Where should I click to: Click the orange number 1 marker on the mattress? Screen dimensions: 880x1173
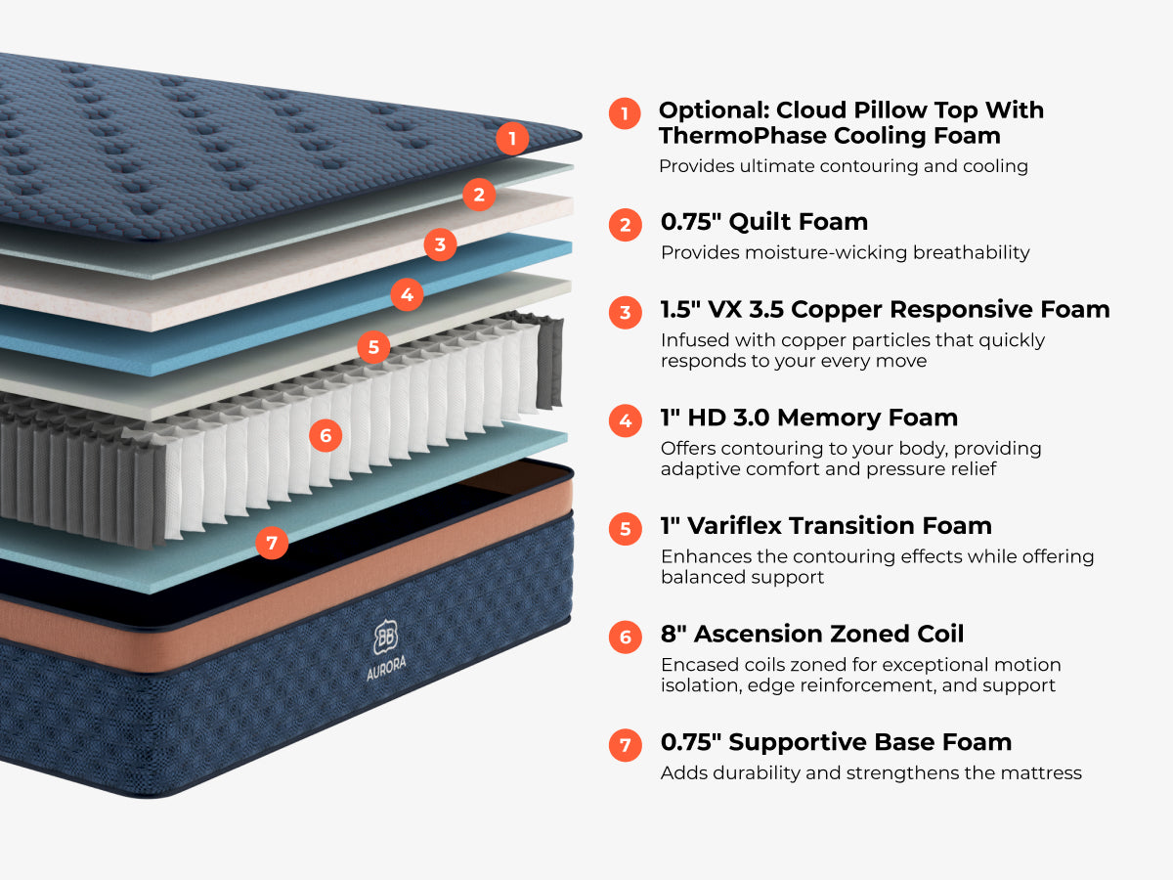point(511,138)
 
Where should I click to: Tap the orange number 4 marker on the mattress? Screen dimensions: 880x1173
point(407,293)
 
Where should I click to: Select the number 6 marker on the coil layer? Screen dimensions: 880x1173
point(326,435)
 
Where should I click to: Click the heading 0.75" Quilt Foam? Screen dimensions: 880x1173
point(763,222)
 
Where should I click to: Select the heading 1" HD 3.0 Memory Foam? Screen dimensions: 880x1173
point(808,418)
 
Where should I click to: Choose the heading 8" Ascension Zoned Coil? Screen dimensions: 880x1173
point(811,634)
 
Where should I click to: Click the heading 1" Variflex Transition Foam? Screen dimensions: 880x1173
point(826,525)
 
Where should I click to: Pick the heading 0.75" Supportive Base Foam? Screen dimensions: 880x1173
point(836,741)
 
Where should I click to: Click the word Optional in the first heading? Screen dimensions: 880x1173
point(713,110)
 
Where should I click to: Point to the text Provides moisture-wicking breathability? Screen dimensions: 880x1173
point(845,252)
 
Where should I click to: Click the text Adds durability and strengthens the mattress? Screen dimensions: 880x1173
point(871,772)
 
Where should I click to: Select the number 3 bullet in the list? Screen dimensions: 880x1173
point(626,313)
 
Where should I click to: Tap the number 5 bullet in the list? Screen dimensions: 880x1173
point(626,529)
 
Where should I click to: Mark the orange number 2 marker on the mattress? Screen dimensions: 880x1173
point(478,195)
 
